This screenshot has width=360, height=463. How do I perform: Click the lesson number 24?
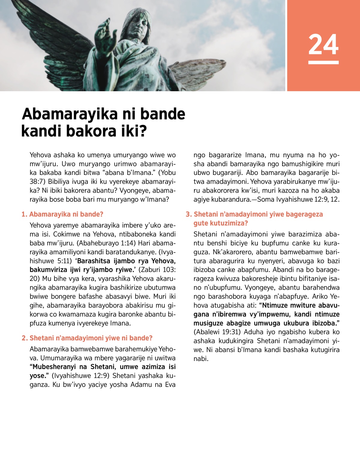point(323,45)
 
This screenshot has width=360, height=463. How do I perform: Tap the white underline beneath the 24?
point(323,62)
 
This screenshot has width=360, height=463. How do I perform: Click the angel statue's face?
point(139,26)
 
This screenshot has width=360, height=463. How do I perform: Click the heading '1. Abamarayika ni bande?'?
point(62,214)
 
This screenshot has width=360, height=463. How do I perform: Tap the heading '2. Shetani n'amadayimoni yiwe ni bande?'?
point(87,338)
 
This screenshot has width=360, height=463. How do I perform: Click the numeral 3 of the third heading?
point(188,214)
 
